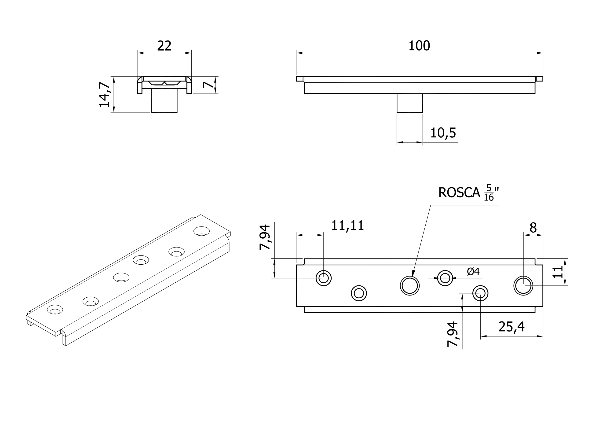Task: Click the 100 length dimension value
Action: click(x=419, y=46)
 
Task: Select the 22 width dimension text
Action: click(x=164, y=46)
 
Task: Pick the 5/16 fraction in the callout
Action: click(x=489, y=193)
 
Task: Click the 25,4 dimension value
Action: click(x=511, y=327)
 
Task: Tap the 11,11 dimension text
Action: click(x=347, y=226)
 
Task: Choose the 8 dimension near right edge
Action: click(x=533, y=228)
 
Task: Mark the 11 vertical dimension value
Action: click(x=558, y=273)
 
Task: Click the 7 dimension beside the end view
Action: click(x=208, y=85)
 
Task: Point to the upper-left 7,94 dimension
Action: click(x=265, y=237)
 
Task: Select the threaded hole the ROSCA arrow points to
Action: click(x=410, y=286)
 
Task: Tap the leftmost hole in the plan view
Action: click(x=324, y=278)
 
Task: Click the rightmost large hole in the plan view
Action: click(x=523, y=286)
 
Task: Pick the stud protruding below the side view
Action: click(x=410, y=103)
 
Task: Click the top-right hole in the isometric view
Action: click(x=201, y=231)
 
